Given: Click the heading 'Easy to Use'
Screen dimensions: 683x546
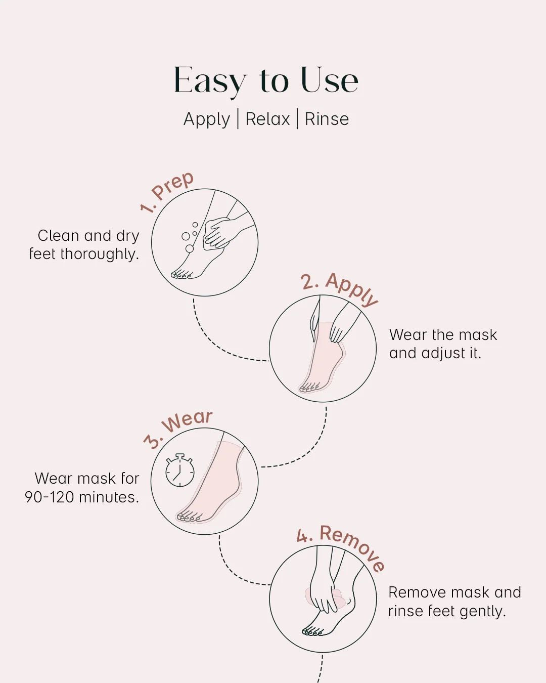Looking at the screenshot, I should (x=266, y=80).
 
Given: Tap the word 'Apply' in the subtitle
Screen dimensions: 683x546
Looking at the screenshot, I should (x=206, y=119).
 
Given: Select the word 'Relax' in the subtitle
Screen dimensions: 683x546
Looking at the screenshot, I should (x=267, y=119).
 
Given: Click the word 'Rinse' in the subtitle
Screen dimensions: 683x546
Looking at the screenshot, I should (x=327, y=119).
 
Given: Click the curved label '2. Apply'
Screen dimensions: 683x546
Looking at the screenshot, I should (x=339, y=288).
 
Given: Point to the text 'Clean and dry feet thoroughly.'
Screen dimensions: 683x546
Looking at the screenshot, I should (x=84, y=245).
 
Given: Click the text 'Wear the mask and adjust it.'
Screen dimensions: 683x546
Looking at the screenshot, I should (x=443, y=344).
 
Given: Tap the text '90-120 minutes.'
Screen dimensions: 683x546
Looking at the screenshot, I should (x=82, y=497).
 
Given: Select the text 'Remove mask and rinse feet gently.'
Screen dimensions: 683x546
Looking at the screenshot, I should (x=454, y=602).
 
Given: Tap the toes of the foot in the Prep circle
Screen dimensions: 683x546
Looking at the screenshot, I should (x=181, y=275).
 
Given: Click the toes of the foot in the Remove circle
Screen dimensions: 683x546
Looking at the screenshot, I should (x=312, y=631).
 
